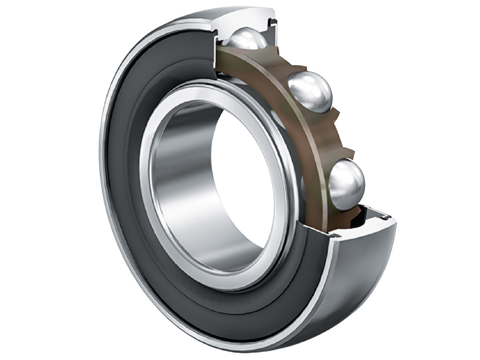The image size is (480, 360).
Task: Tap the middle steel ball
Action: point(310,92)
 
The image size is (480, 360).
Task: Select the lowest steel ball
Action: point(346,184)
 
